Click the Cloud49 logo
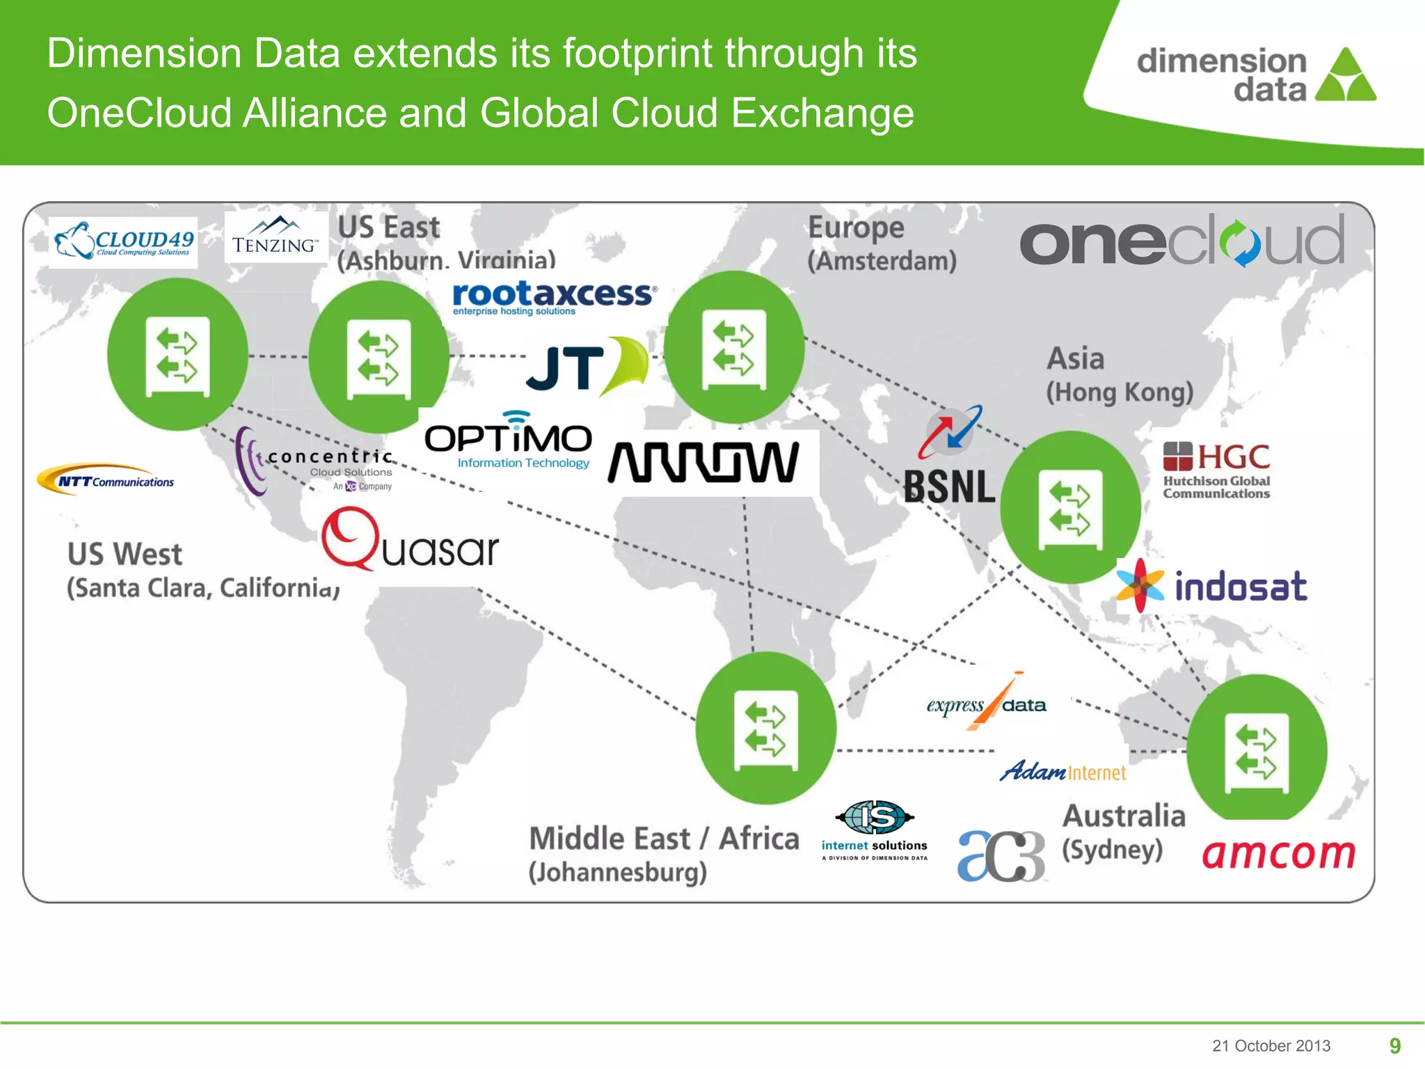(x=124, y=241)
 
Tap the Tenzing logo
(x=275, y=237)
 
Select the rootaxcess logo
(x=554, y=297)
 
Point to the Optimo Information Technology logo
(x=509, y=441)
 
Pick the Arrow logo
(x=703, y=462)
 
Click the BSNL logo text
(x=949, y=486)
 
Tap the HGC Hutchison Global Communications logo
(x=1216, y=471)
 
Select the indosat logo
(x=1212, y=586)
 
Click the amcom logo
(x=1279, y=853)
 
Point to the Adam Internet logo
(x=1062, y=771)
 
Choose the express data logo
(x=987, y=704)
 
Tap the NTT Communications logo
(x=106, y=480)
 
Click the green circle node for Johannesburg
(x=765, y=728)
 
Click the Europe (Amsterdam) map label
(x=882, y=244)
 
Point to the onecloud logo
(x=1182, y=241)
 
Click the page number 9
(x=1394, y=1045)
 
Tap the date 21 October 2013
(x=1271, y=1045)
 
